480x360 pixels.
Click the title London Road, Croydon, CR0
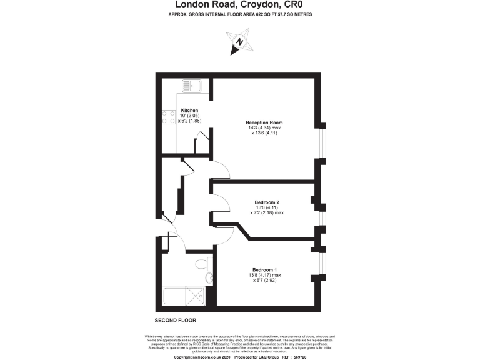point(239,6)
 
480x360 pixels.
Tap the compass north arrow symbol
point(239,43)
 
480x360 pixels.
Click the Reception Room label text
point(264,122)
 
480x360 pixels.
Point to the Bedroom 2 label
point(267,202)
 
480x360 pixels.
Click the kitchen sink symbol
point(191,86)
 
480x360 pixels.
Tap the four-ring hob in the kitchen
point(169,118)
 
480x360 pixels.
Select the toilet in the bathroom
point(202,265)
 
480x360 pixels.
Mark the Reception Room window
point(322,144)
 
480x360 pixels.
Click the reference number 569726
point(318,357)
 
